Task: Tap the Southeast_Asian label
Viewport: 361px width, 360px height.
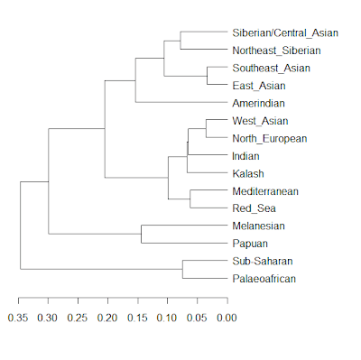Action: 269,68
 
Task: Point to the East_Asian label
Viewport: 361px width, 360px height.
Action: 257,86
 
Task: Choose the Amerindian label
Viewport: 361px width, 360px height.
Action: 258,103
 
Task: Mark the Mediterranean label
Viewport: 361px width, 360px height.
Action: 265,191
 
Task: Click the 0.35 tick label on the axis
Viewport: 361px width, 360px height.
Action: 19,318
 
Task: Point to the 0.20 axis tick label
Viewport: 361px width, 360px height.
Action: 107,318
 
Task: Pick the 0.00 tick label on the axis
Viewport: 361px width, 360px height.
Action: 226,318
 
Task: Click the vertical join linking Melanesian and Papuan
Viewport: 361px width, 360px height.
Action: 141,235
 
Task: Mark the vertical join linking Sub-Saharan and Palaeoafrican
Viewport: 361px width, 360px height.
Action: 182,270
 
